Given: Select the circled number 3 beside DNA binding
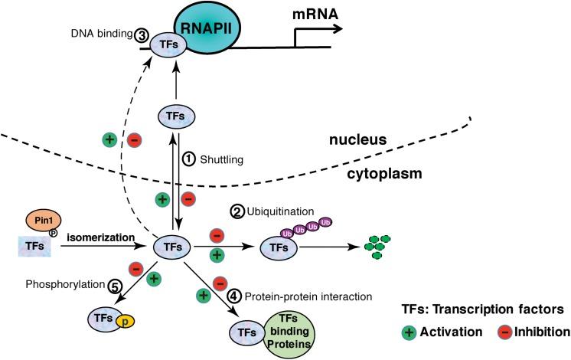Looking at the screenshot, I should click(x=142, y=35).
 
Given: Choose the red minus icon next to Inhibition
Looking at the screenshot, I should click(x=486, y=332).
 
